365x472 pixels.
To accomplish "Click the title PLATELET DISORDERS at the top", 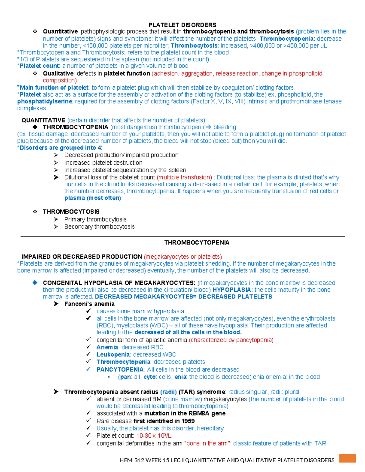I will [182, 25].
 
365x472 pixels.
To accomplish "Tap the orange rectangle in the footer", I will [347, 458].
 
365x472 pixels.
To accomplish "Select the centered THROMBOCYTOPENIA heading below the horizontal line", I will [197, 243].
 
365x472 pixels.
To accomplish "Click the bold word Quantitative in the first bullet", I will [60, 32].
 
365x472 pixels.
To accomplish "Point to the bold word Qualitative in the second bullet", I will [58, 74].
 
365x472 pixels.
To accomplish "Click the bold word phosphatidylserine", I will [45, 102].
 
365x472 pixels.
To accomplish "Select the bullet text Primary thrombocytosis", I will [95, 219].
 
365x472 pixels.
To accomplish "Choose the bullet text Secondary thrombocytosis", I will [99, 227].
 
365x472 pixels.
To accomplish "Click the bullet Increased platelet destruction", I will [103, 163].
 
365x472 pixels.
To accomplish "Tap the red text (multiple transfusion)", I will [184, 177].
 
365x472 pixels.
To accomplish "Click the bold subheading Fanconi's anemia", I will [89, 304].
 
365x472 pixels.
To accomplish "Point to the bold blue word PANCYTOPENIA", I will [120, 370].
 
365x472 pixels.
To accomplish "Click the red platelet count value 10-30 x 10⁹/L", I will [154, 436].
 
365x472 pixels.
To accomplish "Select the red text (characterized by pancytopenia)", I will [231, 340].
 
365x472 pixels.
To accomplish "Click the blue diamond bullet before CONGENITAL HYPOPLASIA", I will [35, 283].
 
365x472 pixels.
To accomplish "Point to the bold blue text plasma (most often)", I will [92, 198].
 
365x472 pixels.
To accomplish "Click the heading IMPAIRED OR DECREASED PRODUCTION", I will [82, 257].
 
